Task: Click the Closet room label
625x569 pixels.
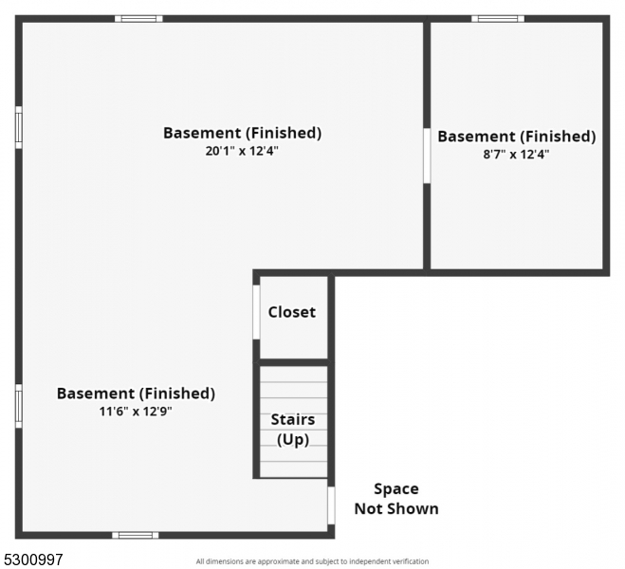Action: (292, 312)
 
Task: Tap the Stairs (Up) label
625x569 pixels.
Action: (293, 430)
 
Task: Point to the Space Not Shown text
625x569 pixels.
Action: (396, 499)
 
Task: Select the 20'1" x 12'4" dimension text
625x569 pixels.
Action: (242, 151)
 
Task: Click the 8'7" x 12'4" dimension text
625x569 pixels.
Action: (516, 155)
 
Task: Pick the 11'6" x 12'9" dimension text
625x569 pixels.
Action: (136, 412)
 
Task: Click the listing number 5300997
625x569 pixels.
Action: (32, 560)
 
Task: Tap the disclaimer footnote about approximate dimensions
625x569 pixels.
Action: (312, 561)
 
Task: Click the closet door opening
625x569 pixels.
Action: (256, 312)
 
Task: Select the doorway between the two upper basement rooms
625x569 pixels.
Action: (427, 156)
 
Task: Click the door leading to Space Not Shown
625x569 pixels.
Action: (331, 505)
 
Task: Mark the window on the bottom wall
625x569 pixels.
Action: (135, 535)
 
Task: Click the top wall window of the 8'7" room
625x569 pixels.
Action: (498, 19)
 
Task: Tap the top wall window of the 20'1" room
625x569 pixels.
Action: (138, 19)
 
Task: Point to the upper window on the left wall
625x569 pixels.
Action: (19, 127)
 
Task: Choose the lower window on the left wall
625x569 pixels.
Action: (19, 406)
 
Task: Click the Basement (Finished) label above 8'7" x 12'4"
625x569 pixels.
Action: (517, 137)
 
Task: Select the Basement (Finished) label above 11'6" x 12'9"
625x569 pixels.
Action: (136, 394)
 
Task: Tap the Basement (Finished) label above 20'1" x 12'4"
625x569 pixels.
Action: (243, 133)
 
